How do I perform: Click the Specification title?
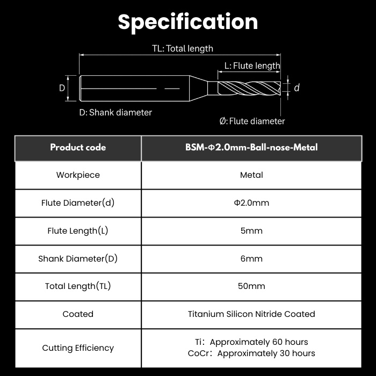coord(188,22)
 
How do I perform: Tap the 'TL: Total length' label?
coord(183,48)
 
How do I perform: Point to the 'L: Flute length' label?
coord(252,66)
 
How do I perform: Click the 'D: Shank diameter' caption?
coord(115,112)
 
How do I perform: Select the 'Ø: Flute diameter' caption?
coord(252,121)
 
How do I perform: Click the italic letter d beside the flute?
coord(297,88)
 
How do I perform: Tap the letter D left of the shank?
coord(62,88)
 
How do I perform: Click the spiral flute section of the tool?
coord(249,88)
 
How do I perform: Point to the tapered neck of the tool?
coord(199,88)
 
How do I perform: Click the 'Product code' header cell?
coord(78,147)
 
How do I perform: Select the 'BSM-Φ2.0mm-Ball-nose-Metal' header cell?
coord(251,147)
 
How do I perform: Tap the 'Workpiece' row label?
coord(78,175)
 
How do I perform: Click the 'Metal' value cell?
coord(251,175)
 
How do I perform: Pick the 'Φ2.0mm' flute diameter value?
coord(251,203)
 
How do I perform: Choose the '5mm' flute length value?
coord(251,230)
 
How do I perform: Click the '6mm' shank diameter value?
coord(251,258)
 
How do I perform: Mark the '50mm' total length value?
coord(251,286)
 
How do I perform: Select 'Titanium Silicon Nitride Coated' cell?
coord(251,314)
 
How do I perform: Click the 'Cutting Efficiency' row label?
coord(78,348)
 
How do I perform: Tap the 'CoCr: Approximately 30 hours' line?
coord(251,353)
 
